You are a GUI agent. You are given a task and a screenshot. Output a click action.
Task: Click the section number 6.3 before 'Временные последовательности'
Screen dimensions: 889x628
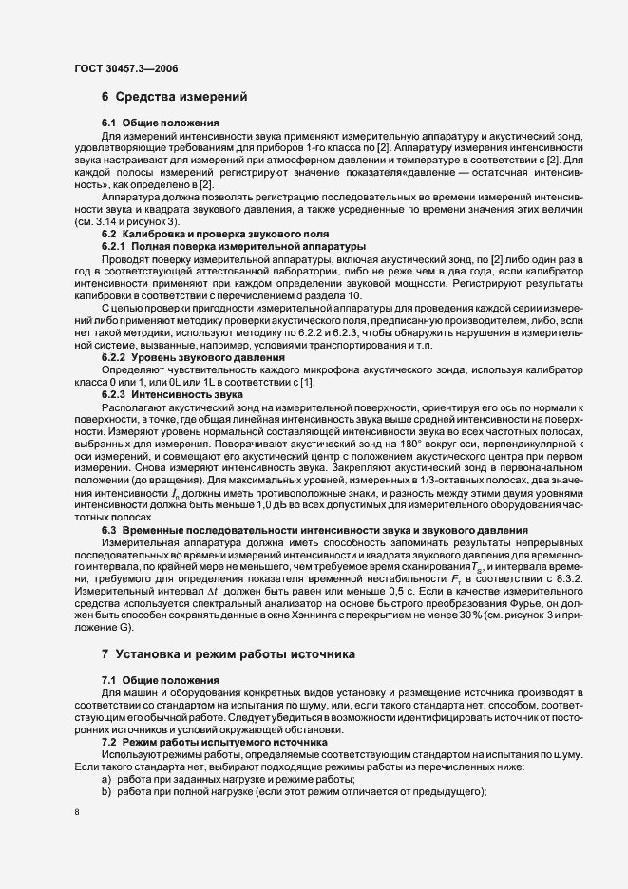pos(109,529)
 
